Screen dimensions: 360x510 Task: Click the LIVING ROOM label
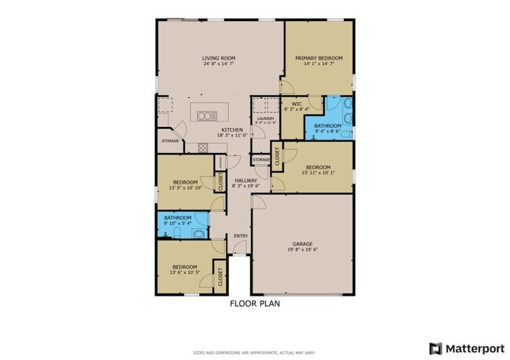click(x=219, y=58)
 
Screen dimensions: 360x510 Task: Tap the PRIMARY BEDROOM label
click(x=319, y=58)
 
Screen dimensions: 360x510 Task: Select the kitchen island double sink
click(x=207, y=116)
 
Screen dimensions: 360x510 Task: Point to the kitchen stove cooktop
click(x=202, y=147)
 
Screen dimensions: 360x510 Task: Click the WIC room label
click(x=297, y=103)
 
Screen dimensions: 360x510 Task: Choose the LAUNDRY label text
click(x=265, y=118)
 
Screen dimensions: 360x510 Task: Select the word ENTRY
click(x=241, y=235)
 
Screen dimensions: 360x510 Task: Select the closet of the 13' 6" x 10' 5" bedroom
click(x=220, y=276)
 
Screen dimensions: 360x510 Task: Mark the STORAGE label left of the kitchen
click(x=170, y=141)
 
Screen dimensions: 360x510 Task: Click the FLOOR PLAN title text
click(x=254, y=303)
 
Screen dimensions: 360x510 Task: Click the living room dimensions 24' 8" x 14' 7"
click(x=219, y=64)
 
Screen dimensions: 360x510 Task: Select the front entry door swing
click(x=241, y=249)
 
